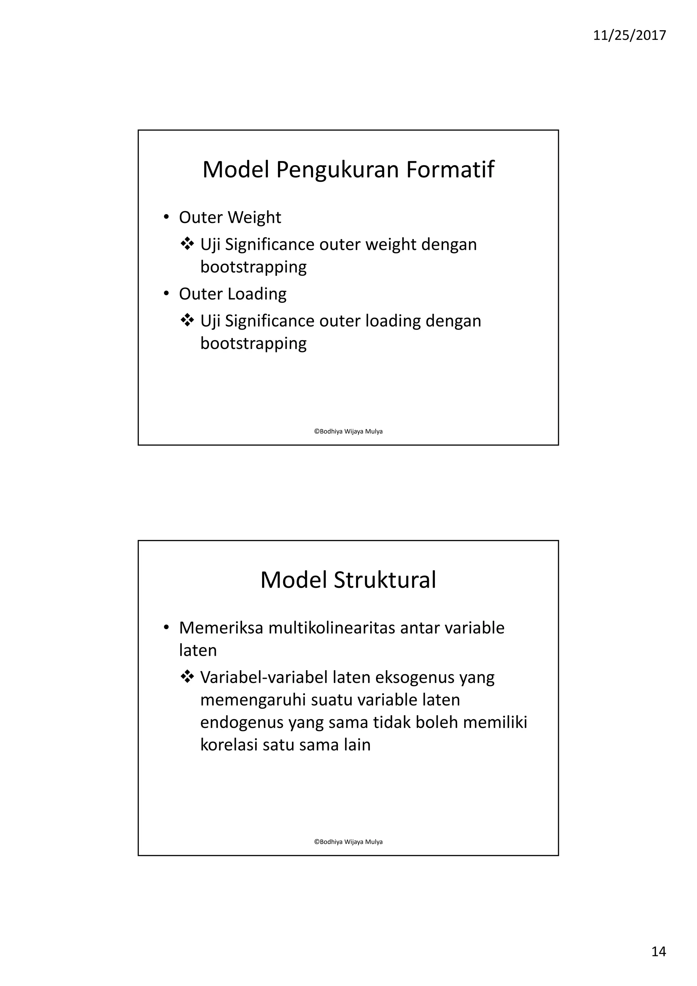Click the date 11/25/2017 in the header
click(629, 35)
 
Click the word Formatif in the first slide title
click(450, 169)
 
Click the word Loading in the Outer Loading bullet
click(257, 294)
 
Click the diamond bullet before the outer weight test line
click(187, 244)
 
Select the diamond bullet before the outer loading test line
click(187, 320)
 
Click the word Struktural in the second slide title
click(385, 580)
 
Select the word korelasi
click(228, 745)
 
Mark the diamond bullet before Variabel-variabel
click(187, 677)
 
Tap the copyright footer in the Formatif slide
click(348, 431)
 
